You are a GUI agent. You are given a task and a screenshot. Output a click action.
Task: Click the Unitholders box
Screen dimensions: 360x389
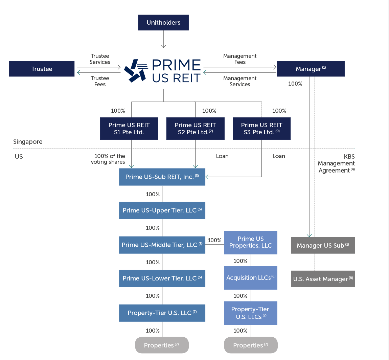pyautogui.click(x=163, y=23)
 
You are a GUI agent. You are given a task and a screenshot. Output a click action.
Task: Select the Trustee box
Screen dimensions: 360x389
pyautogui.click(x=42, y=69)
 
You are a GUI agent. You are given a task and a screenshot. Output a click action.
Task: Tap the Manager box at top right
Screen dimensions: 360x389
pyautogui.click(x=311, y=69)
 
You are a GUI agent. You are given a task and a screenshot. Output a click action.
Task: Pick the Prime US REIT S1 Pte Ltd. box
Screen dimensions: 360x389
pyautogui.click(x=129, y=129)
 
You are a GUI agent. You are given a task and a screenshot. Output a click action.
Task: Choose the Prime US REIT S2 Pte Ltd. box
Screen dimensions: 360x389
pyautogui.click(x=195, y=129)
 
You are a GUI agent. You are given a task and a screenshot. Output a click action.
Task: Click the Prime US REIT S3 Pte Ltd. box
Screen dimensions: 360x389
pyautogui.click(x=261, y=129)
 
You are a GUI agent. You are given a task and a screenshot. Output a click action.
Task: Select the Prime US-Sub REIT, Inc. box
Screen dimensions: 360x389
pyautogui.click(x=162, y=177)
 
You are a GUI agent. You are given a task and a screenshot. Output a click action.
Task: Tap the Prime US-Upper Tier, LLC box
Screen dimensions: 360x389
pyautogui.click(x=162, y=210)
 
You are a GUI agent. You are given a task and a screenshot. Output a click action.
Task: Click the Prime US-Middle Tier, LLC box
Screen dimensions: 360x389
pyautogui.click(x=162, y=245)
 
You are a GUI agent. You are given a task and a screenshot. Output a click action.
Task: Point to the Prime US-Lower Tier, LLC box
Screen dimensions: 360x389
pyautogui.click(x=162, y=278)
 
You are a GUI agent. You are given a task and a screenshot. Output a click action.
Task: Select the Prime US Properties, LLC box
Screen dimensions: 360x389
pyautogui.click(x=250, y=242)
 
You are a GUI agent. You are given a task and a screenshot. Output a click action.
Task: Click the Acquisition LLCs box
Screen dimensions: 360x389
pyautogui.click(x=250, y=278)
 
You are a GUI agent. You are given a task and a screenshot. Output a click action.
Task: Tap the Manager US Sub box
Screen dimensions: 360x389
pyautogui.click(x=323, y=246)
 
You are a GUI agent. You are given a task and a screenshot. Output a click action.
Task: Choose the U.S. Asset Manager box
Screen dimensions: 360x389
pyautogui.click(x=323, y=279)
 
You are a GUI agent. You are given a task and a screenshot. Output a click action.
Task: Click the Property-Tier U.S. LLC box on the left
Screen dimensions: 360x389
pyautogui.click(x=162, y=313)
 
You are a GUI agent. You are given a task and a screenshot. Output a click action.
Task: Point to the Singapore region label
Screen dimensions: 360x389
pyautogui.click(x=28, y=142)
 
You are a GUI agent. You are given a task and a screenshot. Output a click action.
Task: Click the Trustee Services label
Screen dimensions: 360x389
pyautogui.click(x=100, y=59)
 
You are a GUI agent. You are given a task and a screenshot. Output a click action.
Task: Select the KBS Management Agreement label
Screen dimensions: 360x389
pyautogui.click(x=336, y=163)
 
